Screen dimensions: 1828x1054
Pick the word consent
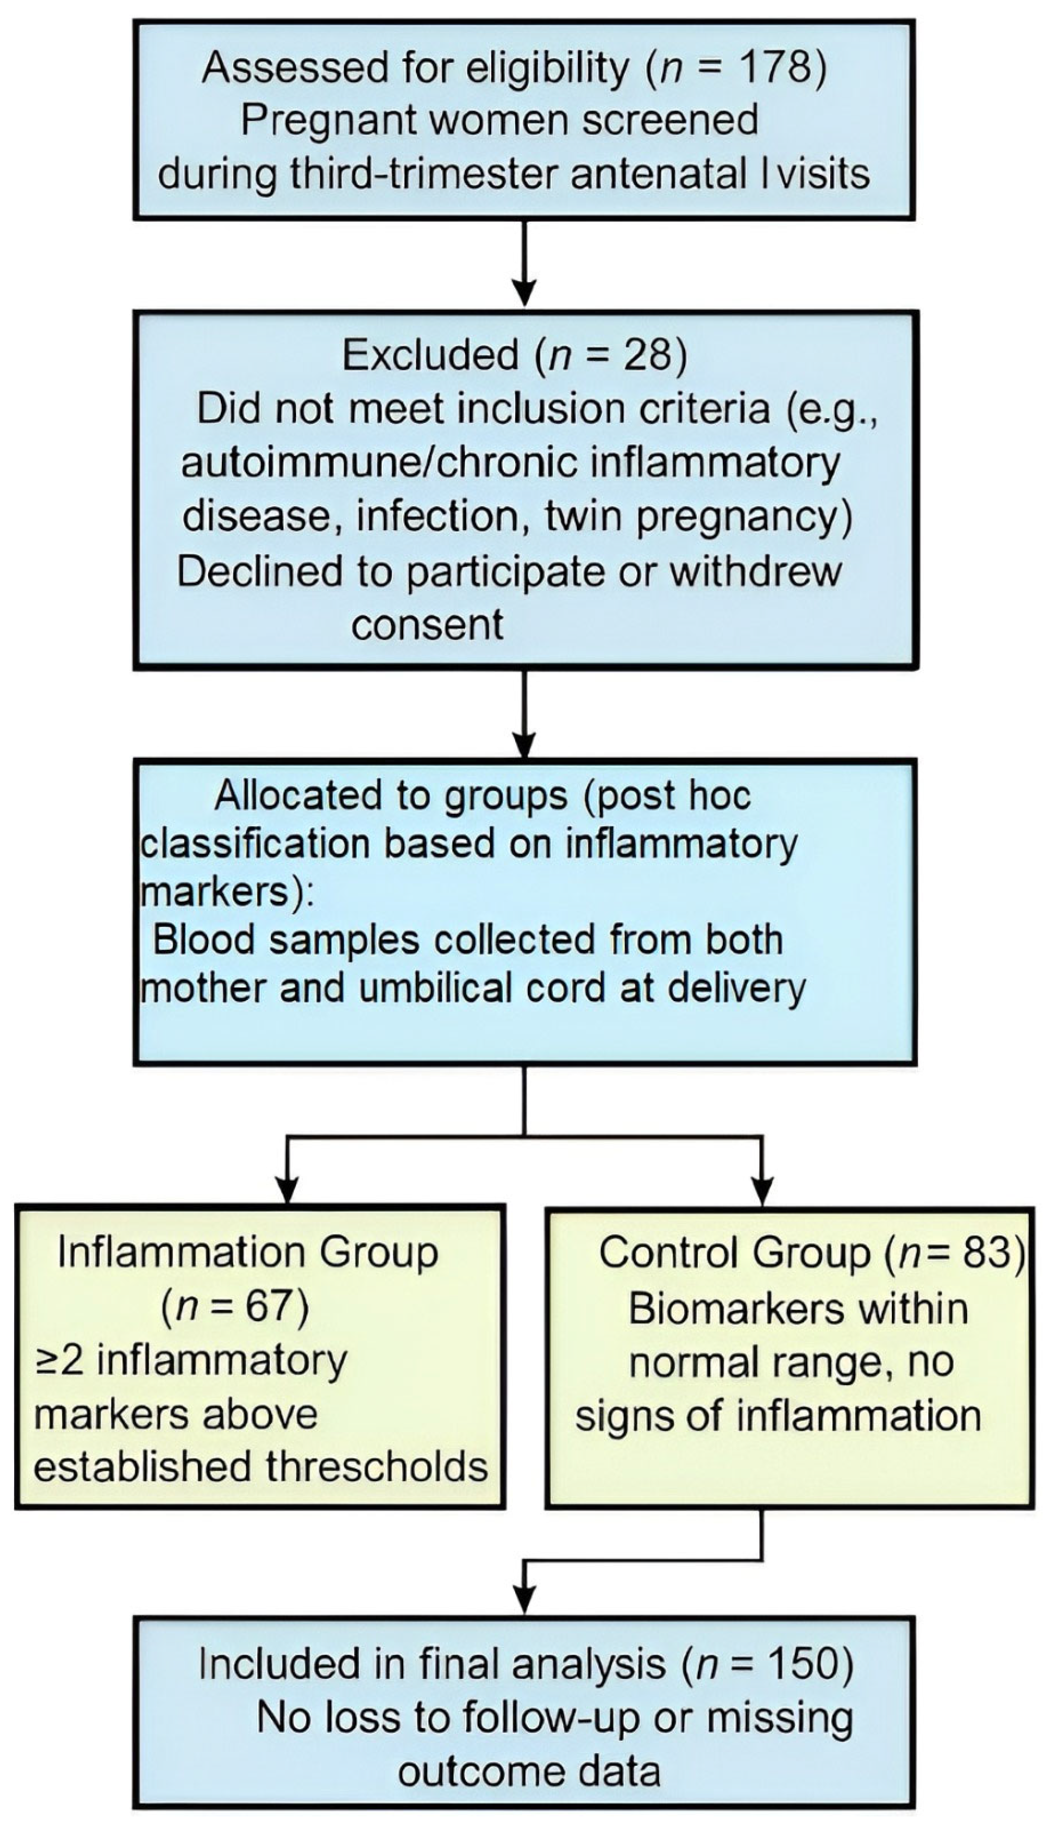(427, 624)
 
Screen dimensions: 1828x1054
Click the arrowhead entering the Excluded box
(524, 293)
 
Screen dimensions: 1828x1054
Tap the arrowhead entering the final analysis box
(524, 1597)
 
